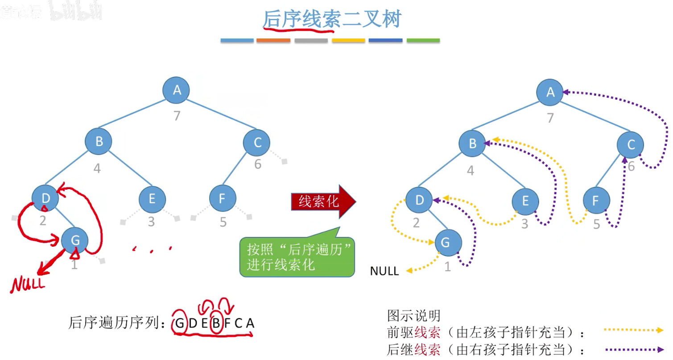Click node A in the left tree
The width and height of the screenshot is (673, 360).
click(x=177, y=90)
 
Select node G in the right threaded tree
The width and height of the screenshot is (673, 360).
click(x=448, y=243)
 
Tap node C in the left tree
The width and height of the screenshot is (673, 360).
click(x=256, y=143)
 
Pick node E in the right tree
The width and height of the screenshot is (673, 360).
click(x=525, y=201)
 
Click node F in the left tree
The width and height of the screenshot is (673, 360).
click(x=223, y=199)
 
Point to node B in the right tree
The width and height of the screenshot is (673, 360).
click(x=472, y=143)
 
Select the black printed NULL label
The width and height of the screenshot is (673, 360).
click(x=384, y=271)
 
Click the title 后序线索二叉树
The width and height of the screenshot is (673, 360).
click(x=332, y=19)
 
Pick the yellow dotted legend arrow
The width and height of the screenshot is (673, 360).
click(x=634, y=330)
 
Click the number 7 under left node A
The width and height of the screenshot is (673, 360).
click(x=177, y=116)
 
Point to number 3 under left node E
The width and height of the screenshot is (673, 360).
click(x=152, y=221)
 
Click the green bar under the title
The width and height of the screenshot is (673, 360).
click(x=423, y=41)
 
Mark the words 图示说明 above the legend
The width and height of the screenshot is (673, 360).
click(x=414, y=315)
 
